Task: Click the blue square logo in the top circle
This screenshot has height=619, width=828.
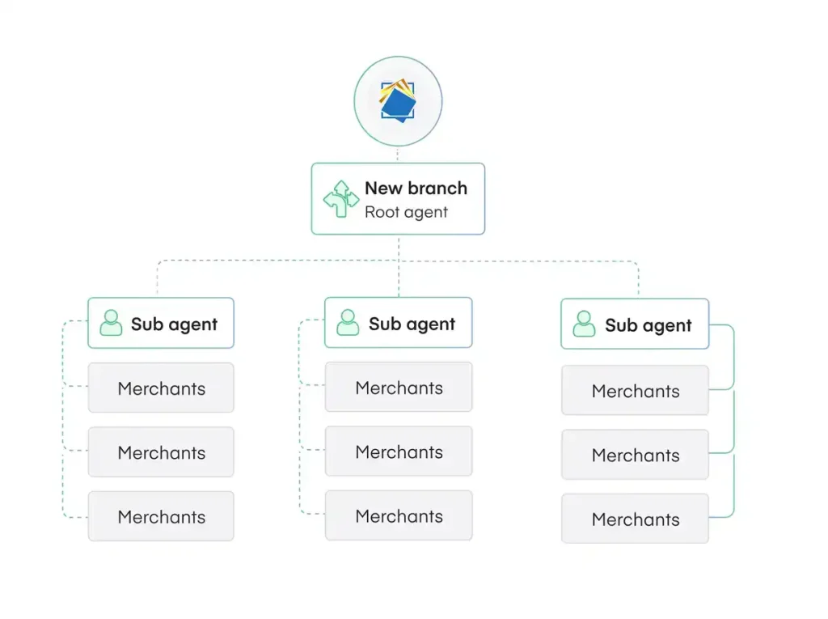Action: [398, 100]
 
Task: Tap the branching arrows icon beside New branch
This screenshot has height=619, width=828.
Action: [341, 199]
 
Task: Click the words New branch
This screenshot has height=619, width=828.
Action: [416, 189]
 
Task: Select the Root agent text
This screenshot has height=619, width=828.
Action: [406, 212]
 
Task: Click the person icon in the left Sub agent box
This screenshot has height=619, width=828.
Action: [111, 323]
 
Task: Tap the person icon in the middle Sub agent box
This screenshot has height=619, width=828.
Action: [348, 322]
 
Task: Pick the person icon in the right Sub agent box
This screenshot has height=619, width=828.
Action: [584, 324]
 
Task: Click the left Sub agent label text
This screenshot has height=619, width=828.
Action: [174, 324]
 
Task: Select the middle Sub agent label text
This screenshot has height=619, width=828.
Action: [412, 324]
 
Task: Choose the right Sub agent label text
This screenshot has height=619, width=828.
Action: [648, 325]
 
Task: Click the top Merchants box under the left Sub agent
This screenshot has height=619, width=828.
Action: [161, 388]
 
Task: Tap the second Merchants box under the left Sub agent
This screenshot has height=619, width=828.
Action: [161, 452]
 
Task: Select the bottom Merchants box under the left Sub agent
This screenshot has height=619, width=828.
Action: [161, 516]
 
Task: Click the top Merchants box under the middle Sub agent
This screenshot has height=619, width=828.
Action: [399, 387]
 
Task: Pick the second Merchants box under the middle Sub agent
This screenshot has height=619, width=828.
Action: [399, 451]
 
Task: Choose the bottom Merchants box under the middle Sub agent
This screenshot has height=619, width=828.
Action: [399, 515]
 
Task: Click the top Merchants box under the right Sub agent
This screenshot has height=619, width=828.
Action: [635, 390]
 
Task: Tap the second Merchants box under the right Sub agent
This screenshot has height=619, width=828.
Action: [635, 455]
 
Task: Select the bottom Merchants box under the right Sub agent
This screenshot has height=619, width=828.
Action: [635, 519]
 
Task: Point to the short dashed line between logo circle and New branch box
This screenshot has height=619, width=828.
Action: [398, 155]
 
